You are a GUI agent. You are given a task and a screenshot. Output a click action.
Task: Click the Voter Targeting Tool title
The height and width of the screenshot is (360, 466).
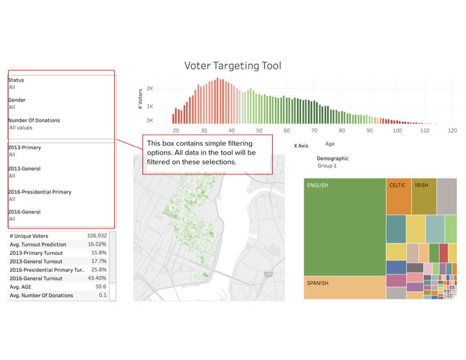point(232,65)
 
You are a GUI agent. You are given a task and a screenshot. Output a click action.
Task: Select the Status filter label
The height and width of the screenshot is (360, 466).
point(16,80)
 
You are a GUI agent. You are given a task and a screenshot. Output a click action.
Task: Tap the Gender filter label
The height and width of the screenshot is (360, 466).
point(16,100)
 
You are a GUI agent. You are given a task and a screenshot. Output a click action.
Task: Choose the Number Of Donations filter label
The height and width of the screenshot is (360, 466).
point(34,120)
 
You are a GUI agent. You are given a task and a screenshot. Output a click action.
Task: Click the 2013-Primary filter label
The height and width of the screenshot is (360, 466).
point(25,147)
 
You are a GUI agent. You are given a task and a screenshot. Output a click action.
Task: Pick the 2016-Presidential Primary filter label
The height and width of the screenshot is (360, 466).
point(40,192)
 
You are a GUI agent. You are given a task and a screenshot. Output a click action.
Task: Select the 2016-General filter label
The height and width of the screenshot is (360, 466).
point(25,212)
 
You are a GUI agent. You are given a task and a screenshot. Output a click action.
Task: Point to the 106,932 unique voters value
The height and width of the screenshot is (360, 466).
point(96,236)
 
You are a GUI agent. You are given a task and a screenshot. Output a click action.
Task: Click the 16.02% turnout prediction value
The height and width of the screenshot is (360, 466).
point(97,244)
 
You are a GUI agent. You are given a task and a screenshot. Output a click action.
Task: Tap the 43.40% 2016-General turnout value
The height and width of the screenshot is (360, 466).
point(97,278)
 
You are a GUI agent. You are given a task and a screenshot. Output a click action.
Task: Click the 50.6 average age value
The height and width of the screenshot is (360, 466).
point(100,287)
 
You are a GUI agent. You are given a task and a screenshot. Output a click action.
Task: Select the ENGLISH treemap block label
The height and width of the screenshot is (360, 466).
point(318,185)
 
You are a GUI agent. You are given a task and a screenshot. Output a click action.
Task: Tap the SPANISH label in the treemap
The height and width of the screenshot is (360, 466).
point(318,283)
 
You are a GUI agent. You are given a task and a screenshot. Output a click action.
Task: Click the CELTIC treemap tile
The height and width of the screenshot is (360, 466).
point(397,185)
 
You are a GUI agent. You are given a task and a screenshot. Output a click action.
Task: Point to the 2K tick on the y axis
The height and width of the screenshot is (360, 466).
point(150,89)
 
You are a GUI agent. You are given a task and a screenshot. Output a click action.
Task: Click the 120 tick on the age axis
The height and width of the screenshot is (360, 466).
point(452,130)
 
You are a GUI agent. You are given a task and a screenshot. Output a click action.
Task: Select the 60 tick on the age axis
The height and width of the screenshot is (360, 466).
point(287,130)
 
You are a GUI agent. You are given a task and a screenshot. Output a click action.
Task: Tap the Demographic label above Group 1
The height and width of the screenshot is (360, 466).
point(332,158)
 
